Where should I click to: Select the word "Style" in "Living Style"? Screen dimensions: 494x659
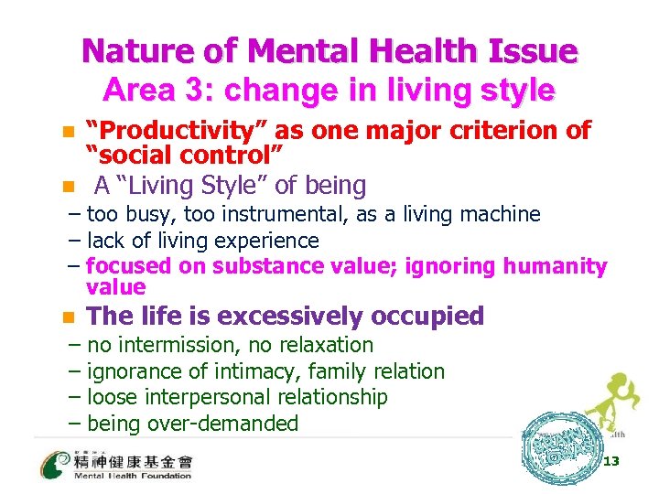pyautogui.click(x=234, y=186)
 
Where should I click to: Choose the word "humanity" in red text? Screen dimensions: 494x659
pyautogui.click(x=560, y=266)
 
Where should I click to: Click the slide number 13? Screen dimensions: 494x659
pyautogui.click(x=611, y=461)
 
